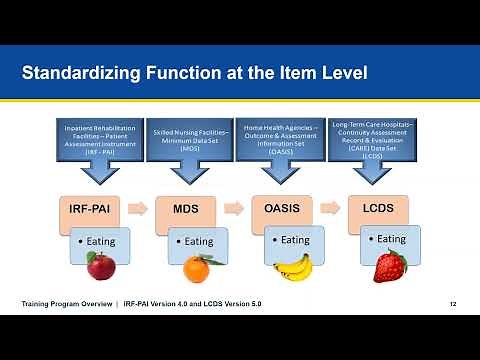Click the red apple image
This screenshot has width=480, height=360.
click(100, 266)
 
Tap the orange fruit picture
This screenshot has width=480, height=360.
click(195, 268)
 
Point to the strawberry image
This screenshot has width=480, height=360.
click(389, 266)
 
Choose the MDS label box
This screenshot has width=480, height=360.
click(186, 211)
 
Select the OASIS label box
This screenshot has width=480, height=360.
click(282, 211)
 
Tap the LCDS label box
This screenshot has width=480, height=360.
click(378, 211)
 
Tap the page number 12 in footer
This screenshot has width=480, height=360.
click(453, 304)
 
